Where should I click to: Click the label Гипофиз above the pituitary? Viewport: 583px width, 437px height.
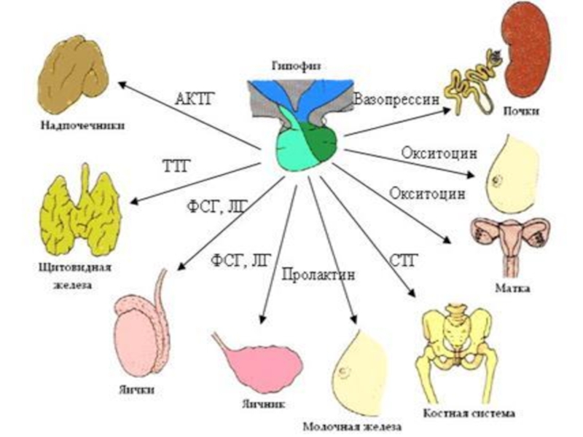tap(294, 66)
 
